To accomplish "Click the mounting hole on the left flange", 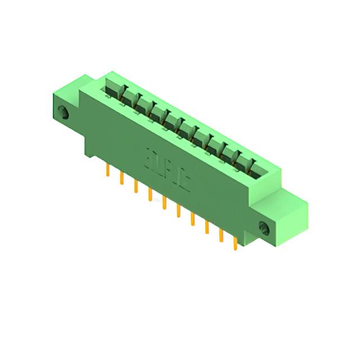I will pyautogui.click(x=64, y=112).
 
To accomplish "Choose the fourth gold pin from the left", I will pyautogui.click(x=150, y=195).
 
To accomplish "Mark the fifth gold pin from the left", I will pyautogui.click(x=164, y=203).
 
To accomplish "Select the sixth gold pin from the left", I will pyautogui.click(x=178, y=211).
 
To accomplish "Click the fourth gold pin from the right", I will pyautogui.click(x=192, y=219).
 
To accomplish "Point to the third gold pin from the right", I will pyautogui.click(x=206, y=227).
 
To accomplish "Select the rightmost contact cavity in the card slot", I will pyautogui.click(x=247, y=164).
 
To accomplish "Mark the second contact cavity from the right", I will pyautogui.click(x=232, y=155).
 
